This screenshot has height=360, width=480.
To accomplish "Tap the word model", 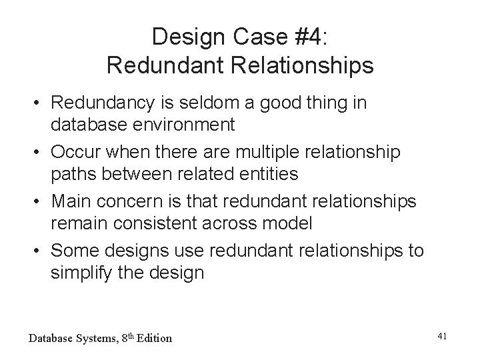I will point(287,223).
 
